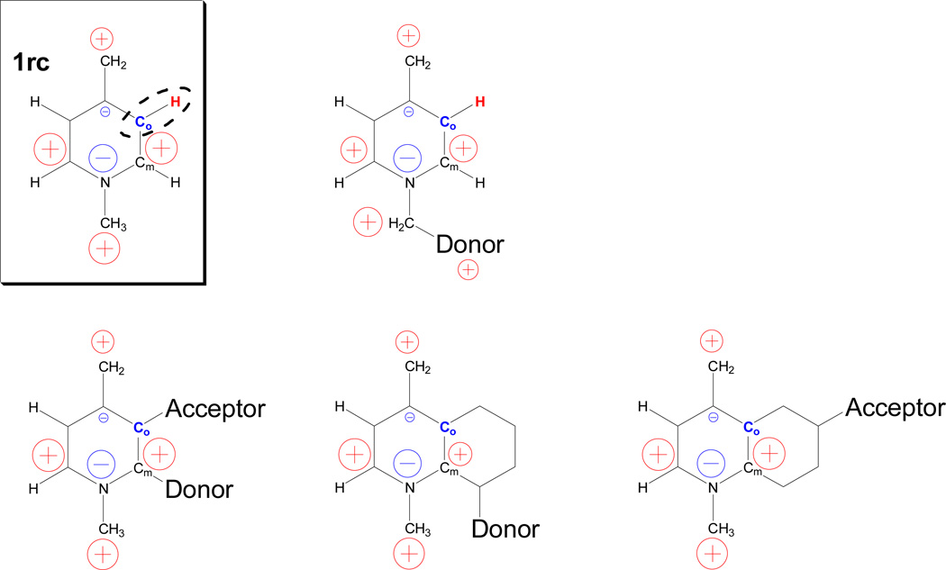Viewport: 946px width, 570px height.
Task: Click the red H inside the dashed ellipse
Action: [x=177, y=102]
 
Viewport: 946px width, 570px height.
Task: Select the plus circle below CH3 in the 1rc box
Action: [x=105, y=248]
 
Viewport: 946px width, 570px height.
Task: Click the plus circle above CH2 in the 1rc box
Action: [x=102, y=39]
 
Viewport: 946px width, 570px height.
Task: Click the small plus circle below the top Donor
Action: [x=468, y=268]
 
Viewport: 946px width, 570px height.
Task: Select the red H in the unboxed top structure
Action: [x=480, y=102]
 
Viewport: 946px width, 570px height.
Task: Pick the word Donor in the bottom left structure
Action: [x=198, y=490]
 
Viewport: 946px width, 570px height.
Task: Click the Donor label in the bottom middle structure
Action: [x=505, y=529]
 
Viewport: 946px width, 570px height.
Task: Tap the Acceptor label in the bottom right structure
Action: [x=895, y=408]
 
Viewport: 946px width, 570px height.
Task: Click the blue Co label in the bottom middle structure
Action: [x=446, y=427]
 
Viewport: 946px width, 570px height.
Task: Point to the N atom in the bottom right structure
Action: [x=713, y=488]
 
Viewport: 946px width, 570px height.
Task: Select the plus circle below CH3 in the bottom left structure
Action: [x=105, y=551]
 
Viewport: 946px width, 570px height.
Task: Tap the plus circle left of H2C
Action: [x=367, y=220]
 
